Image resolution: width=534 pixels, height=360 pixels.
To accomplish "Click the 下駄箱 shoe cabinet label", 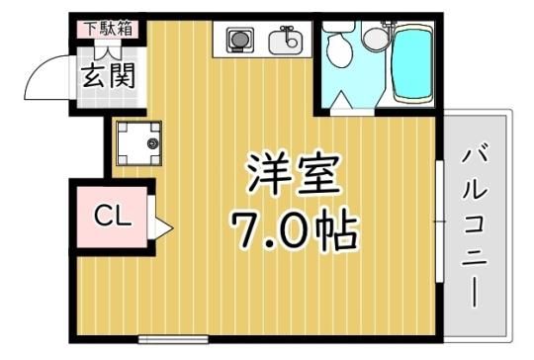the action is pyautogui.click(x=109, y=29).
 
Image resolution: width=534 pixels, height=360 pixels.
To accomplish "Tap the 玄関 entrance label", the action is pyautogui.click(x=109, y=76).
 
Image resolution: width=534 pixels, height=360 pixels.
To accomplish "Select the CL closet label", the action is pyautogui.click(x=113, y=216).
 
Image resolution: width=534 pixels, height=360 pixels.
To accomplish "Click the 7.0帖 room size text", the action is pyautogui.click(x=295, y=228).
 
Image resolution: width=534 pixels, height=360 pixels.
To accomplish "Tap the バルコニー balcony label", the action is pyautogui.click(x=475, y=225).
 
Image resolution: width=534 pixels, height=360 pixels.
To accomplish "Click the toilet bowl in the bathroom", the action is pyautogui.click(x=339, y=48).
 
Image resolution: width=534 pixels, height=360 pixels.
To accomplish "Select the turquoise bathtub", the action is pyautogui.click(x=412, y=63).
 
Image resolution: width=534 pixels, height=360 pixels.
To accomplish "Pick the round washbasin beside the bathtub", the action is pyautogui.click(x=376, y=38).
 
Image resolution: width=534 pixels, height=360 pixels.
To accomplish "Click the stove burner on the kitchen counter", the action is pyautogui.click(x=240, y=40).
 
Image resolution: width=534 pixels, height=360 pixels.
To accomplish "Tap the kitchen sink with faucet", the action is pyautogui.click(x=286, y=42).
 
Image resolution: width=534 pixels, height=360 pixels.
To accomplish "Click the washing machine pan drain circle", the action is pyautogui.click(x=152, y=143).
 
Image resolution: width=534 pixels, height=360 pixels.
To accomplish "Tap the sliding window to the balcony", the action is pyautogui.click(x=440, y=222).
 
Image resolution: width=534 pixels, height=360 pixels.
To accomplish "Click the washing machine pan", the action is pyautogui.click(x=138, y=143).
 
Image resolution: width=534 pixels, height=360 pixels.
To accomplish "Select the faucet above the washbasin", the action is pyautogui.click(x=389, y=24).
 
